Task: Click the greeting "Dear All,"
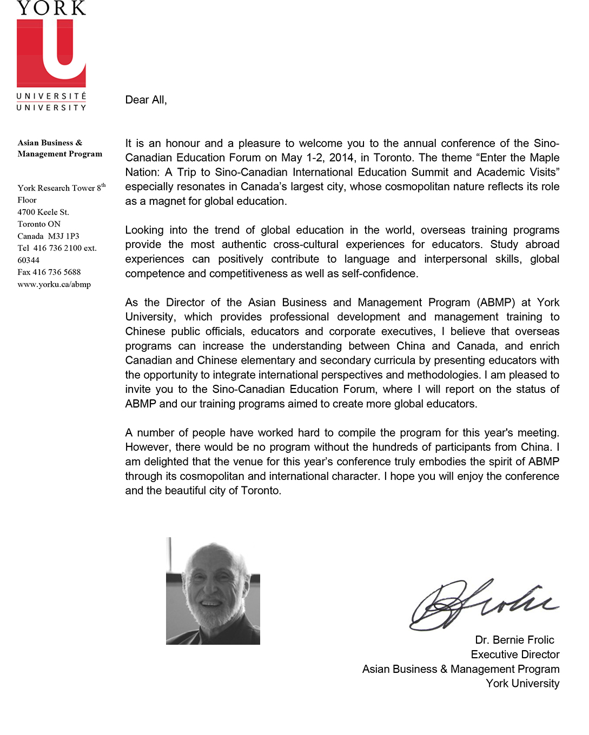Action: tap(146, 100)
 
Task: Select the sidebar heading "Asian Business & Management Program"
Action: tap(59, 148)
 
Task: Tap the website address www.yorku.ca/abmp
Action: tap(54, 284)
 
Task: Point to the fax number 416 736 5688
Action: tap(57, 272)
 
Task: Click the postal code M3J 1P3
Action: tap(64, 236)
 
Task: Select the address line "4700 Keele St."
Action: tap(43, 212)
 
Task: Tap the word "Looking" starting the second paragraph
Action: tap(144, 230)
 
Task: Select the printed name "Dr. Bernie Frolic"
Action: tap(514, 640)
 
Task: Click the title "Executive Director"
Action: tap(515, 655)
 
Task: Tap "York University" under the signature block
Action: tap(522, 684)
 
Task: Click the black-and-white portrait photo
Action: tap(213, 591)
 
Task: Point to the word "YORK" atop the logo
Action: tap(51, 8)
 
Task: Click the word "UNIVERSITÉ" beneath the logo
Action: tap(51, 96)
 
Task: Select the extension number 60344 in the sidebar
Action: tap(29, 260)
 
